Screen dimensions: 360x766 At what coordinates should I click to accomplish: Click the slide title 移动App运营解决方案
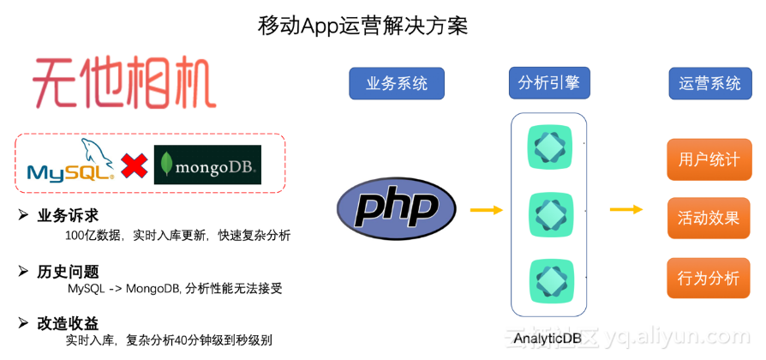coord(362,26)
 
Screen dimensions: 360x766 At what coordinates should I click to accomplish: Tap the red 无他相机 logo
coord(124,82)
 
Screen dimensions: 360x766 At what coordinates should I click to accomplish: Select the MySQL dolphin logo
coord(70,163)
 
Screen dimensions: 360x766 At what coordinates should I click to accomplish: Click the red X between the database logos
coord(134,165)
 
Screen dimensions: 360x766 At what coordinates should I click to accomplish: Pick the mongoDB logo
coord(206,165)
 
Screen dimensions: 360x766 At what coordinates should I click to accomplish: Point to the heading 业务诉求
coord(68,215)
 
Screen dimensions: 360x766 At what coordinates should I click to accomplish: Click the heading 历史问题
coord(68,271)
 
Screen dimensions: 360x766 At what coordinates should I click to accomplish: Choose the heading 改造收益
coord(68,323)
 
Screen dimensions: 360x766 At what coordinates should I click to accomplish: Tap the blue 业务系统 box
coord(397,83)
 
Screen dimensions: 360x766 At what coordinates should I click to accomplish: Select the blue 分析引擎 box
coord(548,82)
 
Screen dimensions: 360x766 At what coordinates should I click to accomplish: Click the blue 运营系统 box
coord(709,83)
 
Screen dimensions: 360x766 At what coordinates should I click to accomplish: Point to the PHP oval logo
coord(397,208)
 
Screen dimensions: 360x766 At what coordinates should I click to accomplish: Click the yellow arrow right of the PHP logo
coord(486,209)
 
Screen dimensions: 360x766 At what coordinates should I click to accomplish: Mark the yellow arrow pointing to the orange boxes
coord(625,209)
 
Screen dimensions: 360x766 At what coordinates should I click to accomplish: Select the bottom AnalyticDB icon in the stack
coord(548,280)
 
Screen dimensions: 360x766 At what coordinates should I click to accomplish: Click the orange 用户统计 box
coord(709,159)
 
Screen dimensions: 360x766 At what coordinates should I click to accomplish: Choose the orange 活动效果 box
coord(709,218)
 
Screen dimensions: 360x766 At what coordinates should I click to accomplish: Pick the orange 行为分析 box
coord(709,277)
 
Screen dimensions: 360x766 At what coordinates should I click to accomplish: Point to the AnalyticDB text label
coord(548,338)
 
